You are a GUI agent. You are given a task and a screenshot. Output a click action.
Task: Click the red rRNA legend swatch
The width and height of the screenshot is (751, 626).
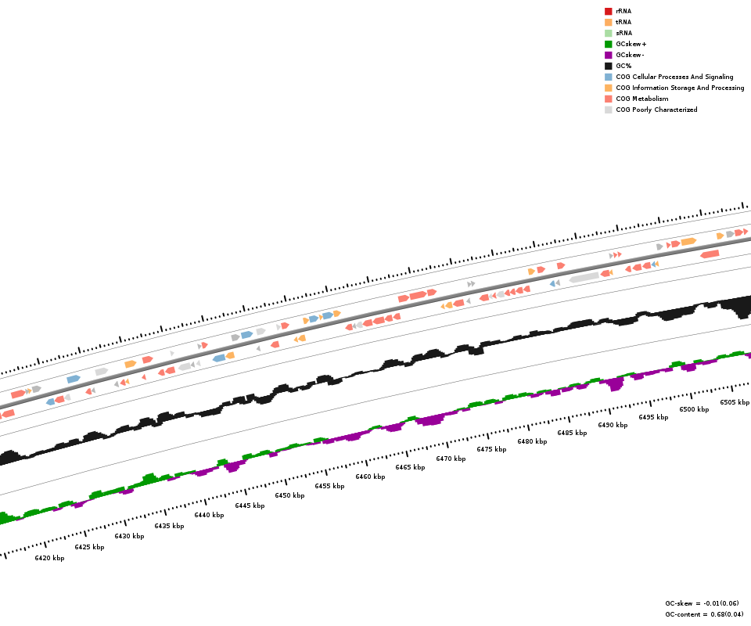pyautogui.click(x=608, y=11)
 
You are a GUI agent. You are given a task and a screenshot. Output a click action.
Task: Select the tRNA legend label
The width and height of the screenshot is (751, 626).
pyautogui.click(x=623, y=22)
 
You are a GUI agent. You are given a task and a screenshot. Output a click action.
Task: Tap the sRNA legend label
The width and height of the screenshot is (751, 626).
pyautogui.click(x=623, y=33)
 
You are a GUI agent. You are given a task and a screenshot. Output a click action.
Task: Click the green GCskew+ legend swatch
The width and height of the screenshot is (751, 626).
pyautogui.click(x=608, y=44)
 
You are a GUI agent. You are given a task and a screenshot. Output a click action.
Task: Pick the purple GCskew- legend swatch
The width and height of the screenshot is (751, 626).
pyautogui.click(x=608, y=55)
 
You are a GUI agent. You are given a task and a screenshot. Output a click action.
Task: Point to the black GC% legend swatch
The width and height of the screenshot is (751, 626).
pyautogui.click(x=608, y=66)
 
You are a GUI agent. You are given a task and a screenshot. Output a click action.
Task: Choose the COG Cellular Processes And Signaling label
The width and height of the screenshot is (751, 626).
pyautogui.click(x=674, y=77)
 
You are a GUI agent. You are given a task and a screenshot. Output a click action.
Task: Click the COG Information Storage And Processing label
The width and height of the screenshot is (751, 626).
pyautogui.click(x=680, y=88)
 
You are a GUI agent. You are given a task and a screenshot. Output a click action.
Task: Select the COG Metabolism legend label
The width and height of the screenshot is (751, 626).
pyautogui.click(x=641, y=99)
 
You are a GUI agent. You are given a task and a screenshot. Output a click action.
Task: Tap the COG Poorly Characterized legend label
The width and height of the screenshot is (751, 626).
pyautogui.click(x=656, y=110)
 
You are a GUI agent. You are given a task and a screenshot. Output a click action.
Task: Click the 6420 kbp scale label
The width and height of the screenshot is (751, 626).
pyautogui.click(x=49, y=558)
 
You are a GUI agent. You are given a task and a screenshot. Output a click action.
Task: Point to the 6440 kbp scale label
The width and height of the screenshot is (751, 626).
pyautogui.click(x=209, y=515)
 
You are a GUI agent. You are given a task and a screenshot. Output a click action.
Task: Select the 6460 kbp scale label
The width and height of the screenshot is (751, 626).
pyautogui.click(x=370, y=477)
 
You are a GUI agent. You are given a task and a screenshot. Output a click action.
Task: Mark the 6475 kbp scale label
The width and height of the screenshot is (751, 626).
pyautogui.click(x=491, y=449)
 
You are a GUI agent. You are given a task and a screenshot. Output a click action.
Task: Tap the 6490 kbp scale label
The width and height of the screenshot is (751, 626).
pyautogui.click(x=613, y=425)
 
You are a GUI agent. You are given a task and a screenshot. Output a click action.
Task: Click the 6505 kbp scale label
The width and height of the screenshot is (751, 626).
pyautogui.click(x=735, y=402)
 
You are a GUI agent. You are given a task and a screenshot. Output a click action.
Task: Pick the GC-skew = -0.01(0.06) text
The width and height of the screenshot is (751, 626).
pyautogui.click(x=702, y=603)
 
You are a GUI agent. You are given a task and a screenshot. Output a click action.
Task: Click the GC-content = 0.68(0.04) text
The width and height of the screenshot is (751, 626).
pyautogui.click(x=704, y=614)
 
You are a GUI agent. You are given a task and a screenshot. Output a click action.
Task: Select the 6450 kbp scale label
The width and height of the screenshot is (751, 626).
pyautogui.click(x=289, y=495)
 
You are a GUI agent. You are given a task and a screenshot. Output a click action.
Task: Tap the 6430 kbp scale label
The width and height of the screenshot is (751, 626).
pyautogui.click(x=129, y=536)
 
